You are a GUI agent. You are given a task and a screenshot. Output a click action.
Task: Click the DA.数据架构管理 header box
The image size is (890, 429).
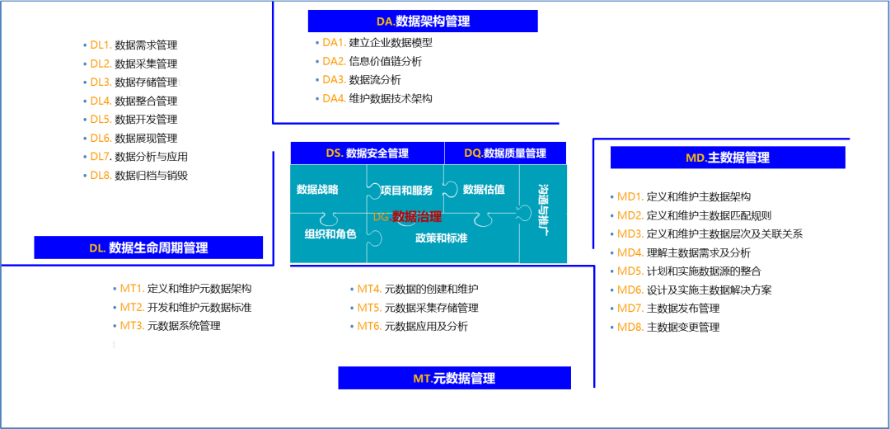coord(423,21)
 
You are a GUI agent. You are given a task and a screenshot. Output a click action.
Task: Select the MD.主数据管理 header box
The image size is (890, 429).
coord(728,158)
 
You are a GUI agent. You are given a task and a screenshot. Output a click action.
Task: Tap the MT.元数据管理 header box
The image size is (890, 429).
coord(454,378)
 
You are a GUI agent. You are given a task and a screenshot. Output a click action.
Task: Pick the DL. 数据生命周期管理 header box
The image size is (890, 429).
coord(148,247)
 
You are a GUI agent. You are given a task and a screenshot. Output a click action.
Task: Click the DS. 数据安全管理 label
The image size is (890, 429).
coord(367,153)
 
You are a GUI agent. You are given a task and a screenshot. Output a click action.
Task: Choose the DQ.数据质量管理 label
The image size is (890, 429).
coord(504,153)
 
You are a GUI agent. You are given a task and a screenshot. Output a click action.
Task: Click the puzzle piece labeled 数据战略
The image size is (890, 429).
coord(317,190)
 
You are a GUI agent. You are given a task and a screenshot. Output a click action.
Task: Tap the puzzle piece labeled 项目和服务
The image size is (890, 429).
coord(406,191)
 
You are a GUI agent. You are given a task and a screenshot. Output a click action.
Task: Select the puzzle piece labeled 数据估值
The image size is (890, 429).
coord(484,190)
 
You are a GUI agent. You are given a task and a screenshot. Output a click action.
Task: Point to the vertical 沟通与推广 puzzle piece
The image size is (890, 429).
coord(543,210)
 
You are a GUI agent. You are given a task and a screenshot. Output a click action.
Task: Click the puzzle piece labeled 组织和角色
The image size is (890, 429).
coord(330,234)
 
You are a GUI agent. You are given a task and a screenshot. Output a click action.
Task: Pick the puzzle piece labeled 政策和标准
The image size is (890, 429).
coord(441,238)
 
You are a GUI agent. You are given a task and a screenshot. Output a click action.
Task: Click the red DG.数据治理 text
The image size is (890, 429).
coord(407,217)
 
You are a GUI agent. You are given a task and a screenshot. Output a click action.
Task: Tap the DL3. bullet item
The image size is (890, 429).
coord(100,82)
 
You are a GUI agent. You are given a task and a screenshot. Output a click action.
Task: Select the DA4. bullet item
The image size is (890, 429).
coord(334,98)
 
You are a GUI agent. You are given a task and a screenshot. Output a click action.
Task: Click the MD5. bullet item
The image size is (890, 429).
coord(630,271)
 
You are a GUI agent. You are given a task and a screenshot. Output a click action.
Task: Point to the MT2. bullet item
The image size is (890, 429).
coord(132,307)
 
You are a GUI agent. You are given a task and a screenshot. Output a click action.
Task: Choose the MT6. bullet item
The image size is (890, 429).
coord(368,326)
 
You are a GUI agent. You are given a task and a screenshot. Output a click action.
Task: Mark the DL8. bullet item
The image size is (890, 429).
coord(100,175)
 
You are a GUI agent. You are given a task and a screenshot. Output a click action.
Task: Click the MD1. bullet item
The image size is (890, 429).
coord(630,196)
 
